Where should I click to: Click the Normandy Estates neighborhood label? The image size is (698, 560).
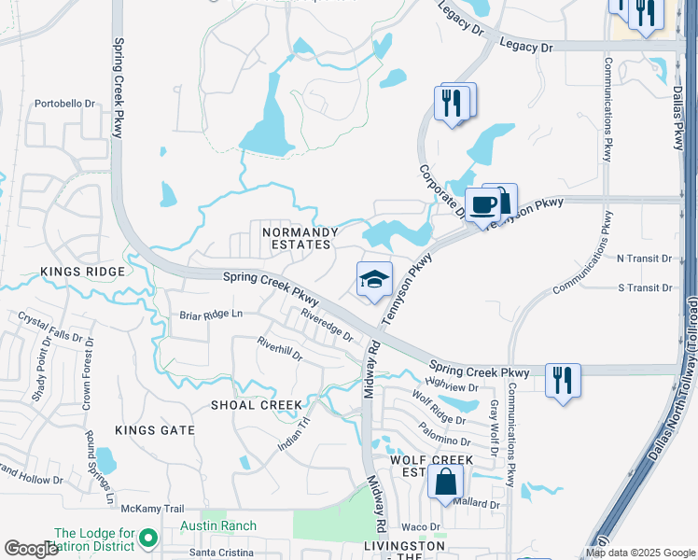pyautogui.click(x=297, y=237)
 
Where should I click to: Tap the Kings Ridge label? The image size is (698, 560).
pyautogui.click(x=82, y=272)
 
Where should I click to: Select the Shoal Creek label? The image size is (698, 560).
pyautogui.click(x=257, y=405)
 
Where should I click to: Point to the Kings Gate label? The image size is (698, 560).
pyautogui.click(x=155, y=430)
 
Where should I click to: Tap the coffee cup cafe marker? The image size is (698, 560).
pyautogui.click(x=482, y=205)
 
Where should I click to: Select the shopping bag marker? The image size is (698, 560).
pyautogui.click(x=446, y=483)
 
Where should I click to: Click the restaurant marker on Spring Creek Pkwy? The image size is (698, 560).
pyautogui.click(x=563, y=380)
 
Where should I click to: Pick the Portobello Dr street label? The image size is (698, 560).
pyautogui.click(x=65, y=104)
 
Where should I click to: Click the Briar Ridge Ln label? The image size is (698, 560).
pyautogui.click(x=210, y=315)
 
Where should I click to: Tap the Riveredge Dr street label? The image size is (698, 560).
pyautogui.click(x=327, y=325)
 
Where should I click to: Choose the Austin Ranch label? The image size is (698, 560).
pyautogui.click(x=218, y=526)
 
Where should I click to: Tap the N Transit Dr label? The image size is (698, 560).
pyautogui.click(x=645, y=258)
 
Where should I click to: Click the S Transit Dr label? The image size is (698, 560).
pyautogui.click(x=645, y=287)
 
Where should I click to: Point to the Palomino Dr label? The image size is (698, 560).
pyautogui.click(x=445, y=440)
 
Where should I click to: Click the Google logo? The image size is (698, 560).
pyautogui.click(x=31, y=549)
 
